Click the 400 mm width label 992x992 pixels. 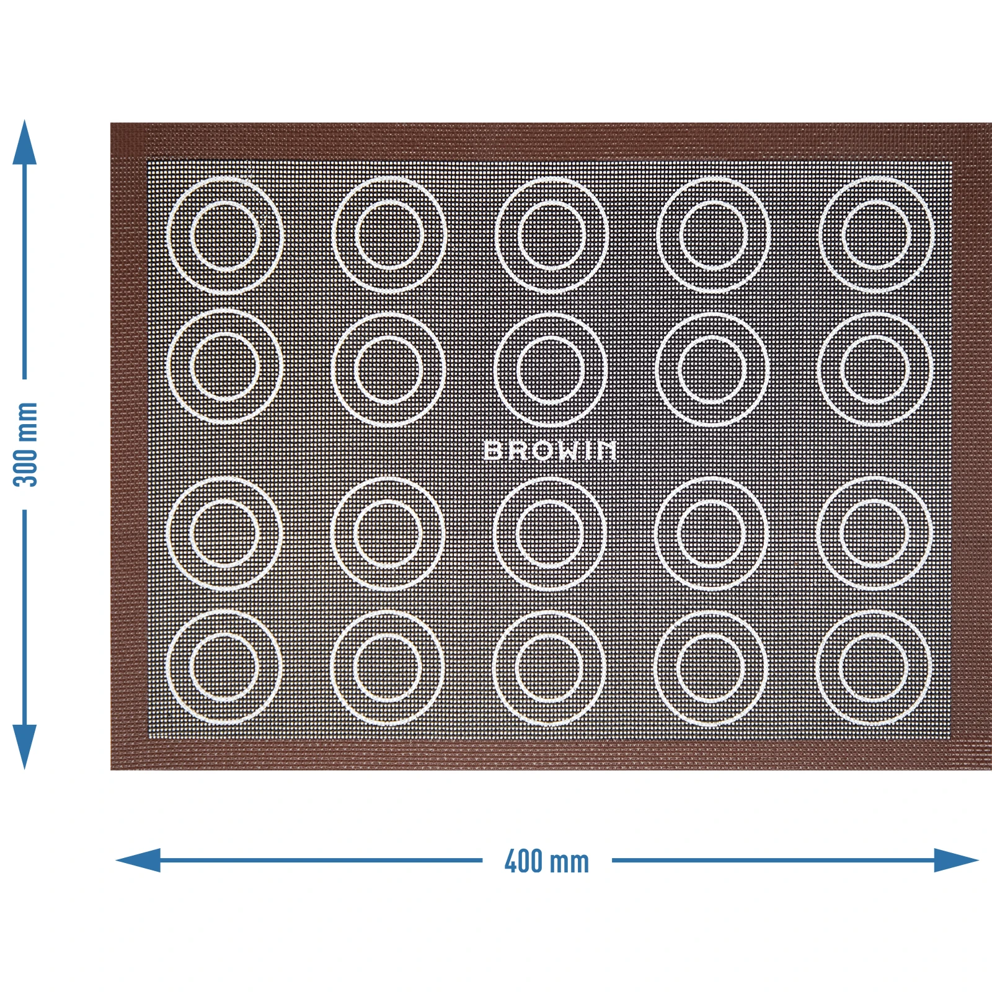(x=546, y=862)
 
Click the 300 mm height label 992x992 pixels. (x=26, y=445)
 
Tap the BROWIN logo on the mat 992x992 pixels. (x=550, y=451)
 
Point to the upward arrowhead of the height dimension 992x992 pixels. (x=25, y=142)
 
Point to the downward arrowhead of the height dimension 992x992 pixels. (x=25, y=747)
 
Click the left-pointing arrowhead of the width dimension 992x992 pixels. (x=138, y=861)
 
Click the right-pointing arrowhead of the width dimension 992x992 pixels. (x=957, y=861)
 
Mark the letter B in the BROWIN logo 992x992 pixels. (x=493, y=451)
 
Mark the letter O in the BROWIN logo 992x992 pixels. (x=540, y=451)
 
